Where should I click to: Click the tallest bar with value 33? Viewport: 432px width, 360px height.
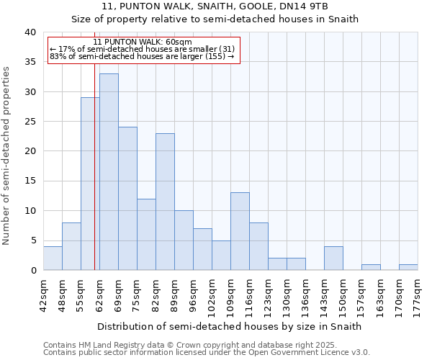coord(109,171)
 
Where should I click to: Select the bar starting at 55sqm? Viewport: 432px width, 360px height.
coord(90,184)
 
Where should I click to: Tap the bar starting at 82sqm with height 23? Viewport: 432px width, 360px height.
coord(165,202)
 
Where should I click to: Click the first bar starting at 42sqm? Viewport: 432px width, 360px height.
coord(53,258)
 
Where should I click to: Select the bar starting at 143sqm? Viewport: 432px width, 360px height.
coord(333,258)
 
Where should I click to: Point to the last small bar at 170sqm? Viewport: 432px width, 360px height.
coord(408,267)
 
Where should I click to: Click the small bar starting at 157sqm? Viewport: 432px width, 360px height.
coord(371,267)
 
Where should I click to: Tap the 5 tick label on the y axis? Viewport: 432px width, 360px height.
coord(32,240)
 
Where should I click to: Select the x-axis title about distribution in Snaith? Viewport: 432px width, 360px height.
coord(230,326)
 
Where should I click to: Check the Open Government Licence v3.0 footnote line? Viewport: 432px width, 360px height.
coord(207,353)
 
